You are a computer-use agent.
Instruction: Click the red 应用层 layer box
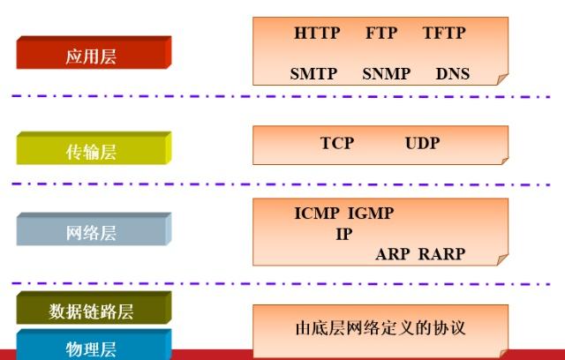[93, 55]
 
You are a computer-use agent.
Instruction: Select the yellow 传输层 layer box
[93, 151]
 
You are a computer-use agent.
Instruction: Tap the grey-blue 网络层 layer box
[93, 232]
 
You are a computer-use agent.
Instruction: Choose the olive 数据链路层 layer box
[92, 310]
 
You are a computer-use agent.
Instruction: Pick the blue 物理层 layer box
[92, 346]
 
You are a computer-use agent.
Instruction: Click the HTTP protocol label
[317, 33]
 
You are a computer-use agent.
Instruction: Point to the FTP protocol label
[381, 33]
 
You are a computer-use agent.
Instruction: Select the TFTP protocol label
[443, 33]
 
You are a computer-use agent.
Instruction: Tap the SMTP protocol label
[313, 74]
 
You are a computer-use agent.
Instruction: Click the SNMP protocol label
[386, 74]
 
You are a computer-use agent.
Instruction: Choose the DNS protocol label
[453, 74]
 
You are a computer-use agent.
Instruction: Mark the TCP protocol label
[336, 143]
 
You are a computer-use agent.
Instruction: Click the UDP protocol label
[422, 143]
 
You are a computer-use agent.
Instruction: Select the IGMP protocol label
[371, 214]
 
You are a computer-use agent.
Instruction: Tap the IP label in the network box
[344, 234]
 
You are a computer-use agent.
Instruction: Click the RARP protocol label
[441, 254]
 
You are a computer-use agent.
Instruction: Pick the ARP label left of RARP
[393, 254]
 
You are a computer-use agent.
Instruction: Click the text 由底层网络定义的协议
[380, 328]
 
